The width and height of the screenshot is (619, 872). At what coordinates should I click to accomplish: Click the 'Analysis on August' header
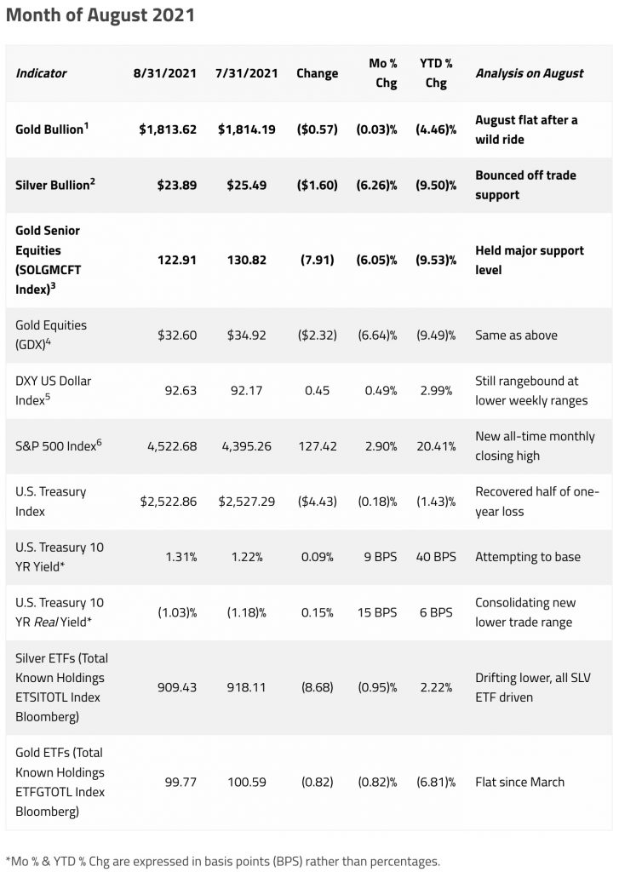529,72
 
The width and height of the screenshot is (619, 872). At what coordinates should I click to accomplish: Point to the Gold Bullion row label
52,129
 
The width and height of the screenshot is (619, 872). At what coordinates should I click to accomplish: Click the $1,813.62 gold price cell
168,129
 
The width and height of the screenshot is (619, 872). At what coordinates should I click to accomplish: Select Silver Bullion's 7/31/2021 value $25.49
246,185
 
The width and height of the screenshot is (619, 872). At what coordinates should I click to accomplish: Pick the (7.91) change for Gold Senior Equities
318,260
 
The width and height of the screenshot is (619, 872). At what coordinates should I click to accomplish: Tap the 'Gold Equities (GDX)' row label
51,335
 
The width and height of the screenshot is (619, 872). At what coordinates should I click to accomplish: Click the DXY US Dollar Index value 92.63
180,390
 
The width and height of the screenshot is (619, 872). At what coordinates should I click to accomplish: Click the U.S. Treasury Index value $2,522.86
168,502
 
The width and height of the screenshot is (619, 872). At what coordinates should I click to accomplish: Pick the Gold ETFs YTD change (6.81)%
437,781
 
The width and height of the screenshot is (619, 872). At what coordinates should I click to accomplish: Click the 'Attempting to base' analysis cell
528,557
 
